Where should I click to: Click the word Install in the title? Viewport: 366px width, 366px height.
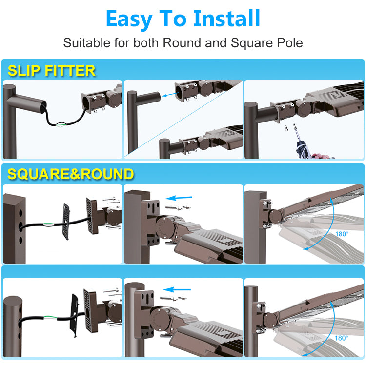pos(226,18)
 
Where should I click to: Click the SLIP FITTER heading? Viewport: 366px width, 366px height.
pos(52,70)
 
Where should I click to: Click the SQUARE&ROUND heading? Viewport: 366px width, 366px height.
pos(70,174)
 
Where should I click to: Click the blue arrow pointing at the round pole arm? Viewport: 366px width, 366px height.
pos(170,94)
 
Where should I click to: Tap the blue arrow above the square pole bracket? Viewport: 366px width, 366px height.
pos(179,198)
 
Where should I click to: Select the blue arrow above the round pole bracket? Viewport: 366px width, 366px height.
pos(177,290)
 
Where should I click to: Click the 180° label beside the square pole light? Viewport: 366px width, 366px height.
pos(342,234)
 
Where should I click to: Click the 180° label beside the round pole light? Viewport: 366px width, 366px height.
pos(341,338)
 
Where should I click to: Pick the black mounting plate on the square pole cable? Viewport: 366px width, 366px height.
pos(66,222)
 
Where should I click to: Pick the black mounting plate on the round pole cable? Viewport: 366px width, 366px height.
pos(75,315)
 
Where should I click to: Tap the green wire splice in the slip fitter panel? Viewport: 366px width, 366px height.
pos(61,124)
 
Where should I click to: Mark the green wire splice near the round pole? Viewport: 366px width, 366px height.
pos(50,318)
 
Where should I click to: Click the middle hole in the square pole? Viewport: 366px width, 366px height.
pos(20,226)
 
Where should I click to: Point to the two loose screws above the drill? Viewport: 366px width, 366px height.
pos(290,128)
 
